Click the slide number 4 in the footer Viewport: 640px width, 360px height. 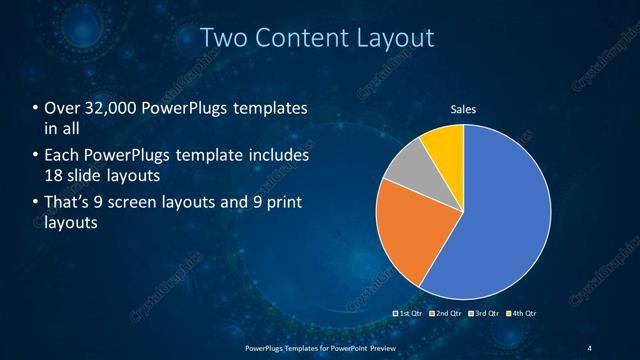pyautogui.click(x=589, y=347)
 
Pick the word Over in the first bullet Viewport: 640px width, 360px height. pyautogui.click(x=61, y=108)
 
